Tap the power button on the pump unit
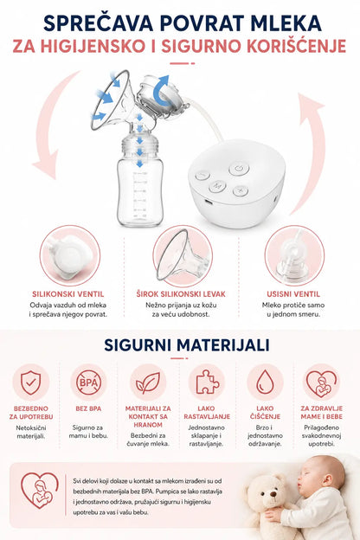click(x=239, y=169)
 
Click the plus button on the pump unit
click(x=241, y=190)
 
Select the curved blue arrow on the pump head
click(x=161, y=91)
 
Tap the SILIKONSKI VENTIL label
click(x=67, y=294)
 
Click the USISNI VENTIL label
click(x=293, y=294)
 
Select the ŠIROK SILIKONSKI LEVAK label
click(x=181, y=294)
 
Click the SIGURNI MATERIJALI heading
click(x=187, y=345)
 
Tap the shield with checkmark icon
click(x=30, y=382)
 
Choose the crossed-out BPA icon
click(x=88, y=382)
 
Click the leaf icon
click(x=148, y=382)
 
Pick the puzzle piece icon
click(x=207, y=382)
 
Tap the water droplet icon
click(x=266, y=382)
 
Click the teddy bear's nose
click(x=273, y=494)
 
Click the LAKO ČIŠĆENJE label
click(x=265, y=413)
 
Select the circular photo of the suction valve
click(x=294, y=255)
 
